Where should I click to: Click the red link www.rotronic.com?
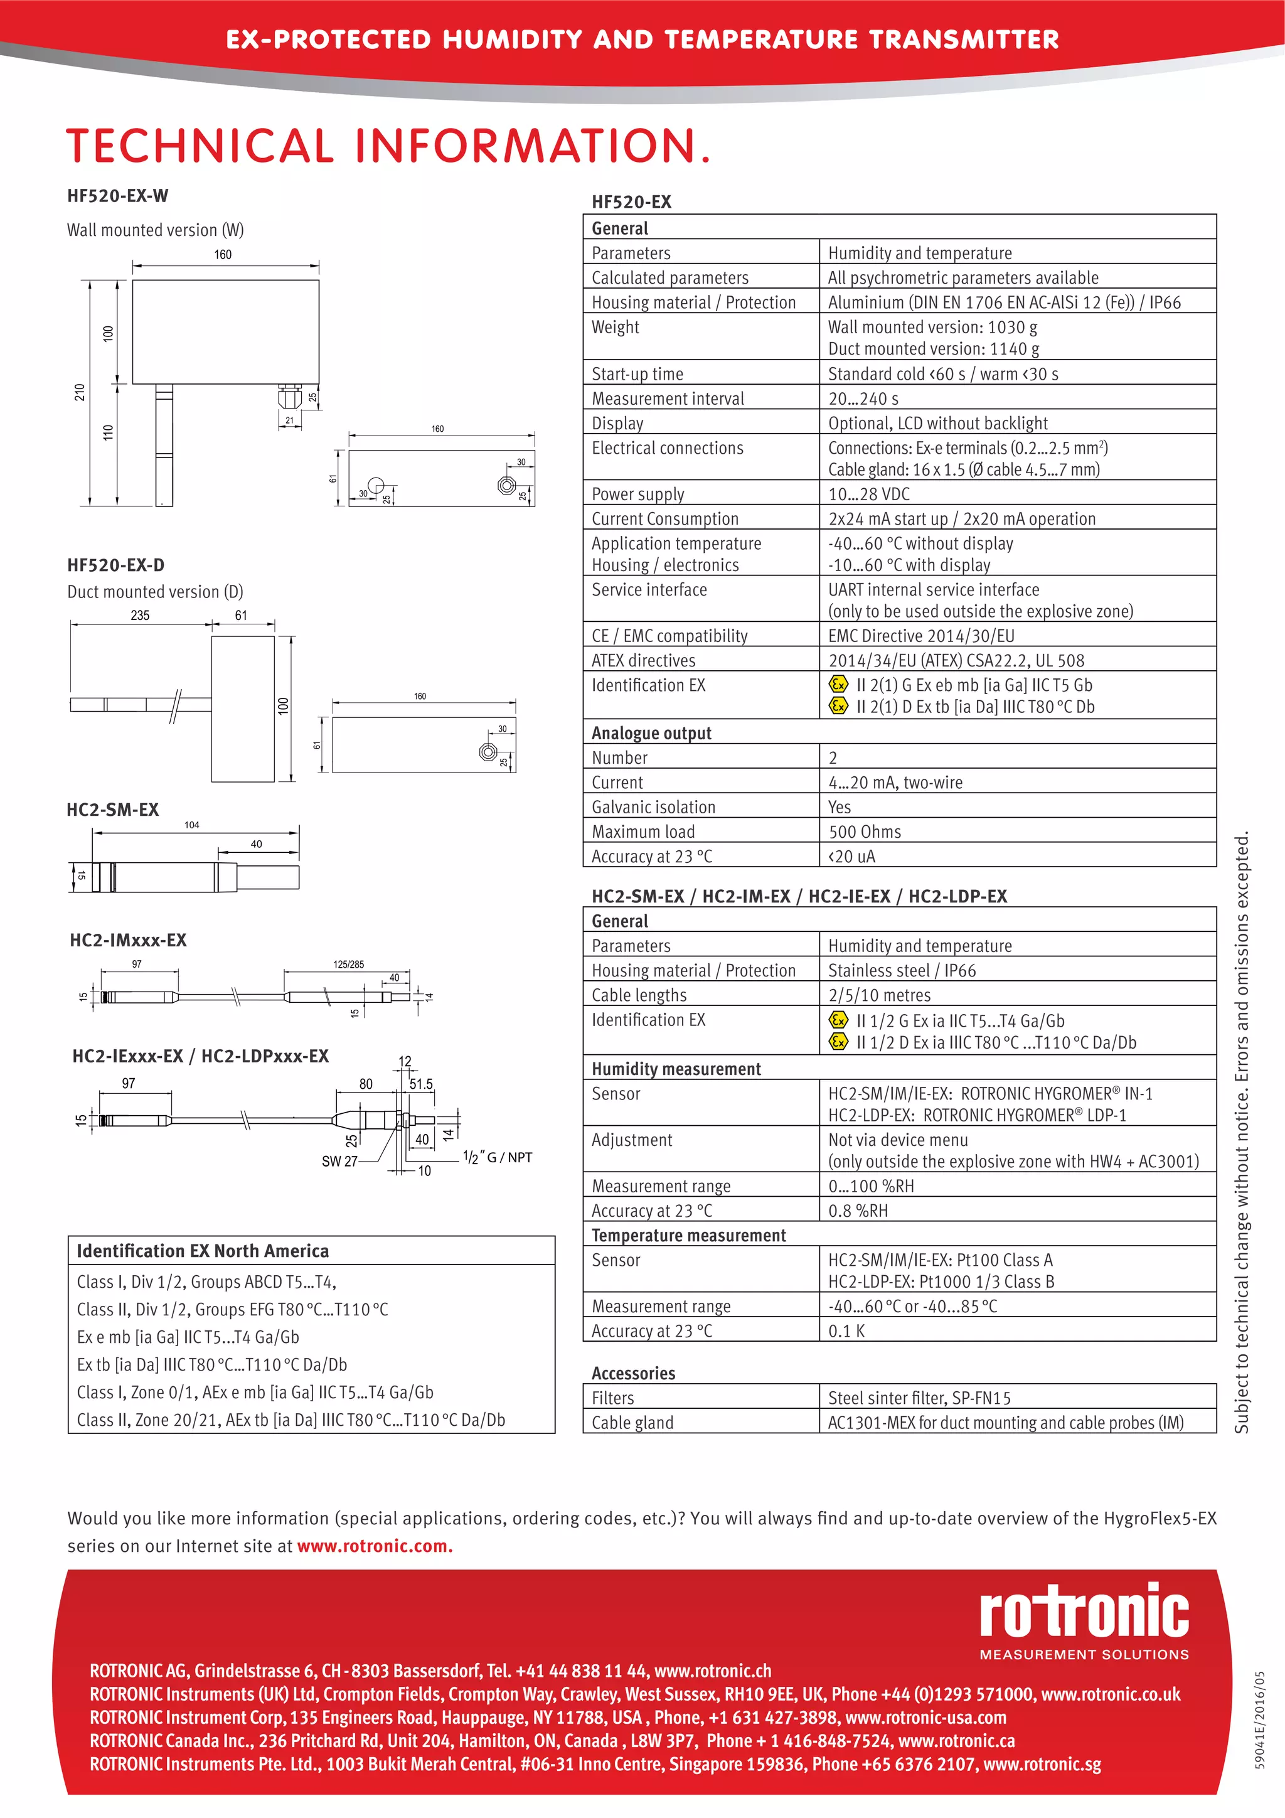click(375, 1546)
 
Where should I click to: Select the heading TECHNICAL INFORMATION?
click(388, 146)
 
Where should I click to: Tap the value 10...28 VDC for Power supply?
click(868, 494)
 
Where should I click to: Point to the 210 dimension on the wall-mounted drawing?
click(80, 392)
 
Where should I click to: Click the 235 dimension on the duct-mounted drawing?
click(140, 615)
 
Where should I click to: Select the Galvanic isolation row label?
click(653, 807)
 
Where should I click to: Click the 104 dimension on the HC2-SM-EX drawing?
click(191, 825)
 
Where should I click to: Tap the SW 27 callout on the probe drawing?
click(339, 1162)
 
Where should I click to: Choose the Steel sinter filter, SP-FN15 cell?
click(919, 1398)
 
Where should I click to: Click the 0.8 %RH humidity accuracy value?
click(858, 1211)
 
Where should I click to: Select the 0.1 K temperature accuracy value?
click(846, 1331)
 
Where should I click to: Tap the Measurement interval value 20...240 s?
click(863, 398)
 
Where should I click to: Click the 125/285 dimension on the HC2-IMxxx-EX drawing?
click(348, 965)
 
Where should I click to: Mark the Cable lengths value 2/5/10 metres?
click(879, 995)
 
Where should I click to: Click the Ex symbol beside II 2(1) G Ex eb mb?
click(838, 684)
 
